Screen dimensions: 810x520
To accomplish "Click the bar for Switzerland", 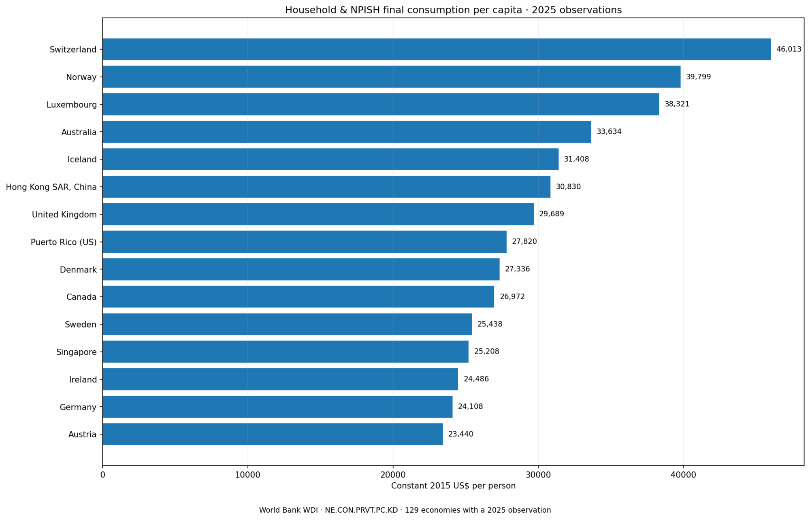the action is point(437,49).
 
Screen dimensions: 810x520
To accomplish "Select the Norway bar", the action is point(392,77).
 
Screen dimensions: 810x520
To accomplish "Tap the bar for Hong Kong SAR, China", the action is point(326,187).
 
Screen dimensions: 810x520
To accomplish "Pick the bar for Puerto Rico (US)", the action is point(305,242).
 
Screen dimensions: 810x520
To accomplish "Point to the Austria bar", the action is point(273,434).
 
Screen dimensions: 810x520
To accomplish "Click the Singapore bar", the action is point(286,352).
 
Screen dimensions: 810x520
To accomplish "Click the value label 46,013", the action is point(789,49).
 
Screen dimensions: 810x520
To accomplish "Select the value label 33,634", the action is point(609,132).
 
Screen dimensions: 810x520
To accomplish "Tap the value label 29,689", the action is point(551,214).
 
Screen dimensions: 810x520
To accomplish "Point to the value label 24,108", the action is point(470,407).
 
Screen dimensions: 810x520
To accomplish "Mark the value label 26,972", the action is point(512,296).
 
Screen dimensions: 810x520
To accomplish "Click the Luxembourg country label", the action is point(72,105).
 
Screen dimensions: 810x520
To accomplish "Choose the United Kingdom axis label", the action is point(64,215).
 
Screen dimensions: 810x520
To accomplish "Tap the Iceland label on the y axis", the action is point(82,160).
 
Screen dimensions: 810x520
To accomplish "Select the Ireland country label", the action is point(83,380).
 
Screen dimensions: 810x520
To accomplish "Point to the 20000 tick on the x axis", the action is point(393,475).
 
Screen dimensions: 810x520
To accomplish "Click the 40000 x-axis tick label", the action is point(683,475).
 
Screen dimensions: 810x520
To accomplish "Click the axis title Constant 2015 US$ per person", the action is point(453,486).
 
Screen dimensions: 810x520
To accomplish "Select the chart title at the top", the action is point(453,10).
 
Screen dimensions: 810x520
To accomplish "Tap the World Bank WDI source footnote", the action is point(405,510).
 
